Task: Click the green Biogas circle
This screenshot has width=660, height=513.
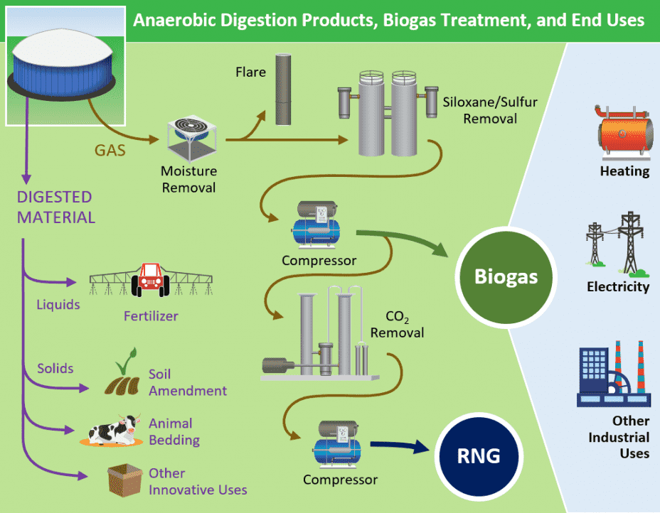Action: (506, 276)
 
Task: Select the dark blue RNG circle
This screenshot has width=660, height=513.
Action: (480, 455)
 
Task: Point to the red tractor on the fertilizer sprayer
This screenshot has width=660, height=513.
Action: (150, 278)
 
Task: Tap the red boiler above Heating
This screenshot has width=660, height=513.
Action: (624, 133)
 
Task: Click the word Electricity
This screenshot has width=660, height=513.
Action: (618, 287)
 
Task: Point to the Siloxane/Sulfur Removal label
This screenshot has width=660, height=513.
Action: (490, 110)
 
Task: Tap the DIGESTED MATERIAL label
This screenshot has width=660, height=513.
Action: (55, 207)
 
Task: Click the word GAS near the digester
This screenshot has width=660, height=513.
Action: (111, 150)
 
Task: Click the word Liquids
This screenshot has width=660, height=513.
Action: (58, 305)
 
